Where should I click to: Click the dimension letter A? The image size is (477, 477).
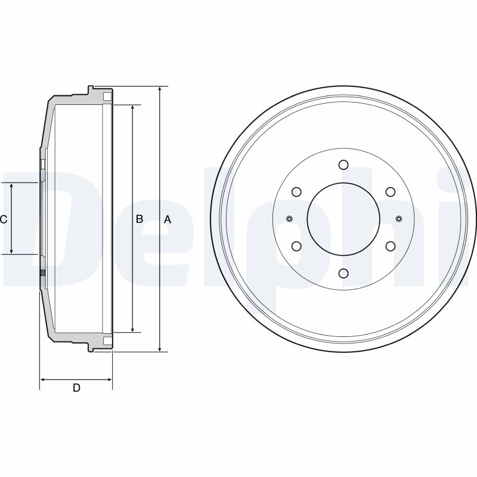168,219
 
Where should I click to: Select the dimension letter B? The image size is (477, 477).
140,219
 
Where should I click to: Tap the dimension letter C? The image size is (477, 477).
4,219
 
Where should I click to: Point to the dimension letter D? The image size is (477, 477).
76,388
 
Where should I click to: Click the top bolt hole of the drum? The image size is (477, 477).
343,165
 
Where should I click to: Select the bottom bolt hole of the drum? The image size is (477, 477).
343,273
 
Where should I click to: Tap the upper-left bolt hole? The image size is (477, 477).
296,192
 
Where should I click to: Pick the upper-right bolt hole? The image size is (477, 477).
391,192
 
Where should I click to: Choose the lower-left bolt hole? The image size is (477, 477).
296,246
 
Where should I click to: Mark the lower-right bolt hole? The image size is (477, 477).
391,246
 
